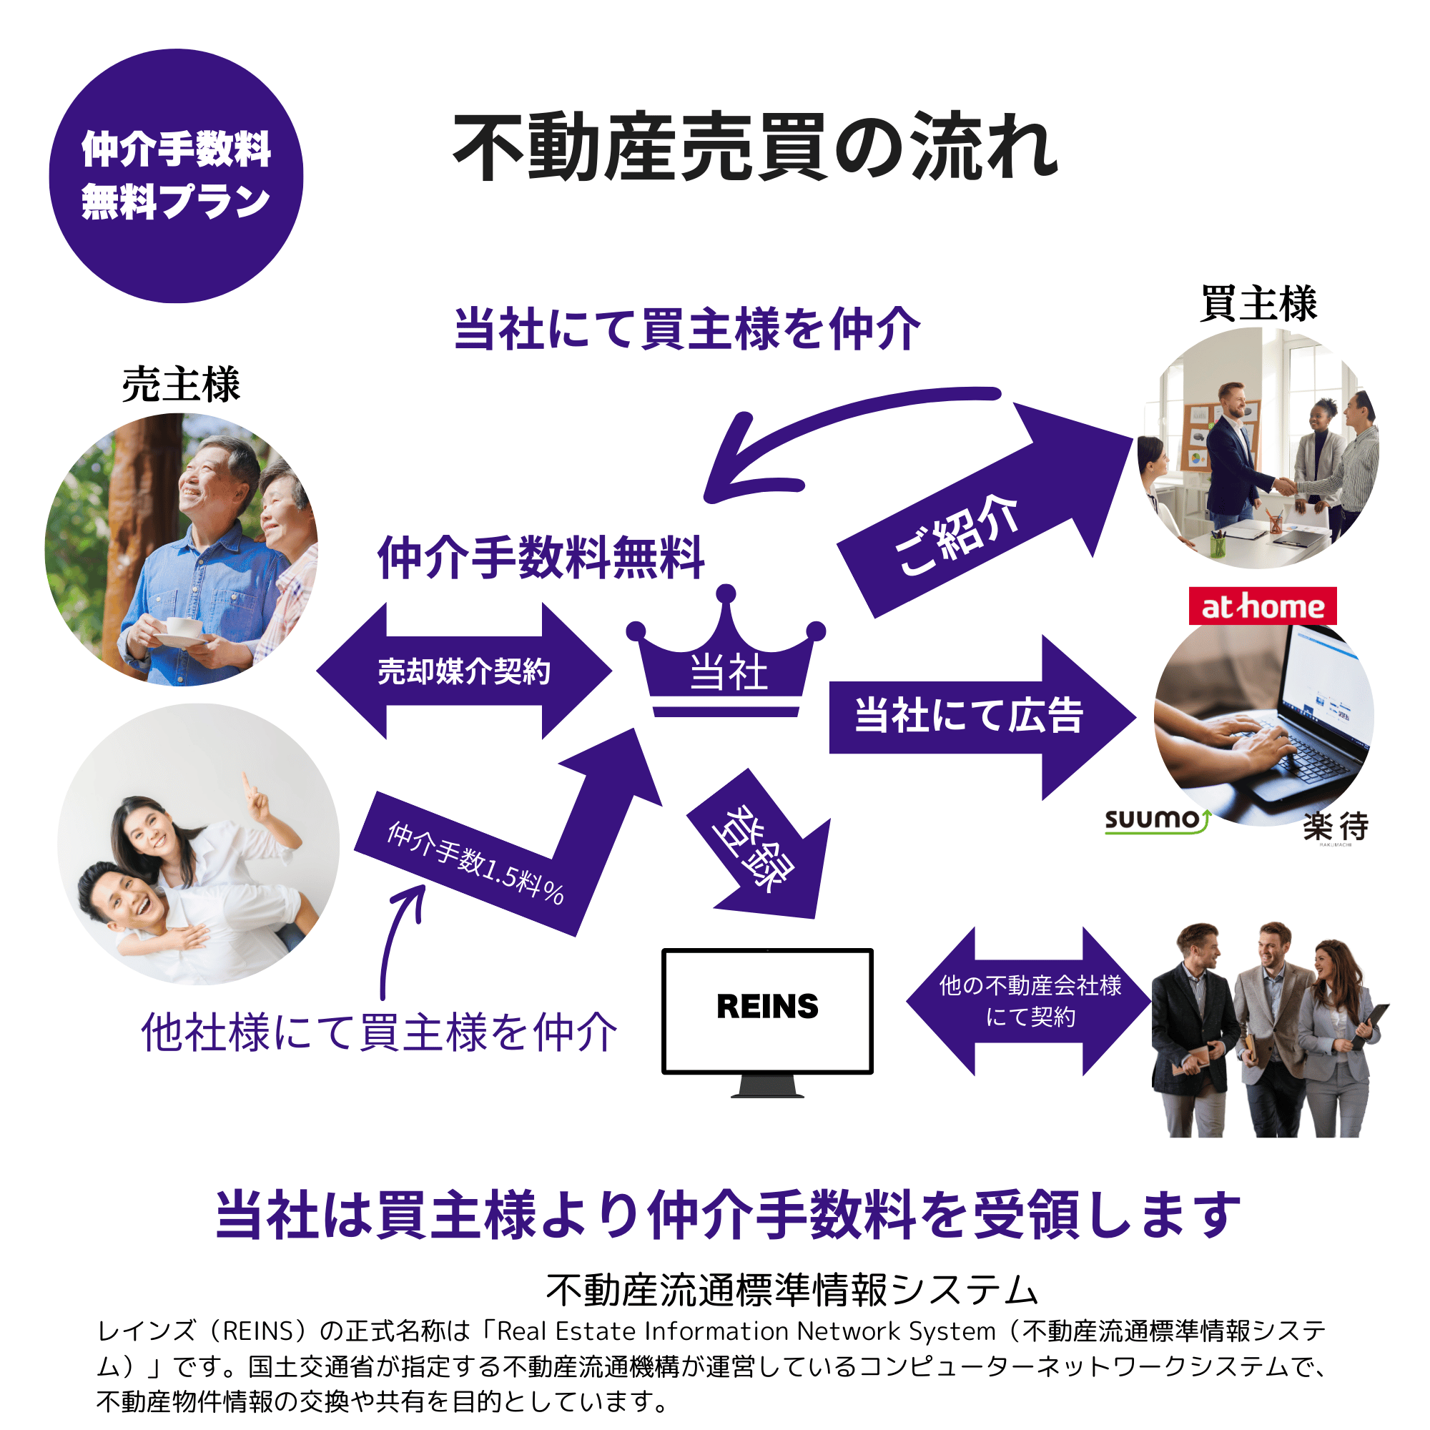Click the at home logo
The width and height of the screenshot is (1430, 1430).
click(x=1262, y=606)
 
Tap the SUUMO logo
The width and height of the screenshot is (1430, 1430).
click(x=1157, y=820)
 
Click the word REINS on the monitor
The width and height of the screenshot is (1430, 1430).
click(x=766, y=1007)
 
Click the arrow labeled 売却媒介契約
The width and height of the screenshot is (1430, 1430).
click(x=464, y=671)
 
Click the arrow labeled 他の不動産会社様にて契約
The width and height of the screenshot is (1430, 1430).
click(x=1030, y=1001)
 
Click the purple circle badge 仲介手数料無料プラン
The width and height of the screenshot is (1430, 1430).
click(x=176, y=176)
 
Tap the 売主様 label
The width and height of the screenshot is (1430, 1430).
click(x=182, y=385)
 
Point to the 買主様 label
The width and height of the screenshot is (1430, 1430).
click(x=1258, y=303)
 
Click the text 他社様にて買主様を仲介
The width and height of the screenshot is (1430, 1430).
click(x=379, y=1032)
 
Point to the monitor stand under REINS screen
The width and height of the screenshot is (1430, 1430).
click(x=766, y=1086)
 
